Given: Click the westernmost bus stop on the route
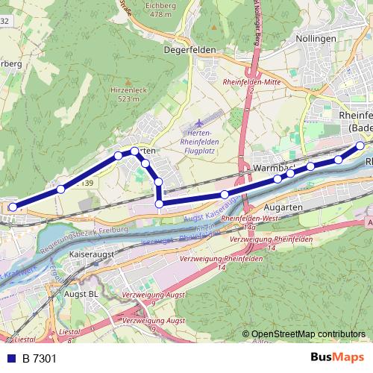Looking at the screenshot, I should pyautogui.click(x=13, y=207).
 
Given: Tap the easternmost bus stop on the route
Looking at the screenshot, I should pyautogui.click(x=360, y=145).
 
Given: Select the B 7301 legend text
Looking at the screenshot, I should pyautogui.click(x=40, y=359).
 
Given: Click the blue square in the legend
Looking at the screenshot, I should pyautogui.click(x=12, y=359).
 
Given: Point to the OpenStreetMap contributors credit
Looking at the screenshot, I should pyautogui.click(x=307, y=334).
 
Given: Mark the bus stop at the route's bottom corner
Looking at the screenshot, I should pyautogui.click(x=159, y=203).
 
